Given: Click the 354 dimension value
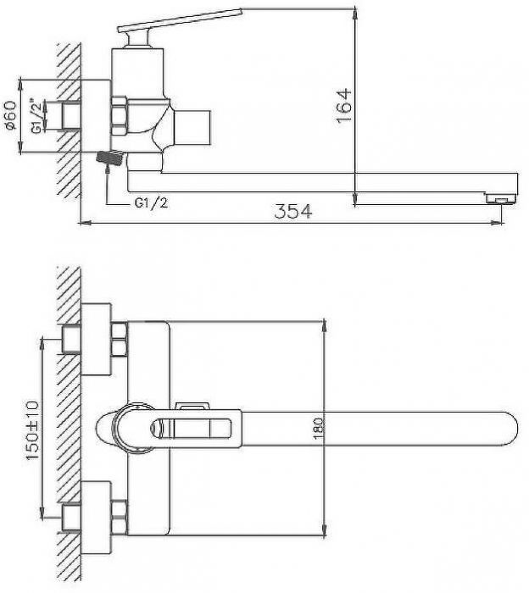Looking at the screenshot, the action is tap(293, 211).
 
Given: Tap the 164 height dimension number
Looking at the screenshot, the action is tap(343, 106).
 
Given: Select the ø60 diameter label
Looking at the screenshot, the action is tap(10, 115).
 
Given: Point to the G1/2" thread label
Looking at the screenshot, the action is tap(36, 116).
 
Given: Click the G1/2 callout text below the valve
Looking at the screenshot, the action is tap(151, 203).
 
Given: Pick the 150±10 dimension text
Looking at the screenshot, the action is tap(31, 430).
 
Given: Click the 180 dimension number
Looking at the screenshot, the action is tap(319, 428).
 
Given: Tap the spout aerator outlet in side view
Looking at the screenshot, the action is tap(501, 199).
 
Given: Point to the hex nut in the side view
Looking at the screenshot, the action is tap(120, 116).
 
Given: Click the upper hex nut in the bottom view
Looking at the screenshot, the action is tap(120, 339).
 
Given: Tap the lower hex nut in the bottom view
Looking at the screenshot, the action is tap(120, 517).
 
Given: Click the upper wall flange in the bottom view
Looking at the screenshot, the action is tap(96, 339).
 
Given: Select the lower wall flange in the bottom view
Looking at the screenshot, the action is tap(96, 518).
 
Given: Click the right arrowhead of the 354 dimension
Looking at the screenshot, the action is tap(498, 223).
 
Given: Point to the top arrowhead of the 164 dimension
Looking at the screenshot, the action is tap(355, 14).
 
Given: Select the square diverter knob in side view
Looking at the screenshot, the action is tap(192, 128).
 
